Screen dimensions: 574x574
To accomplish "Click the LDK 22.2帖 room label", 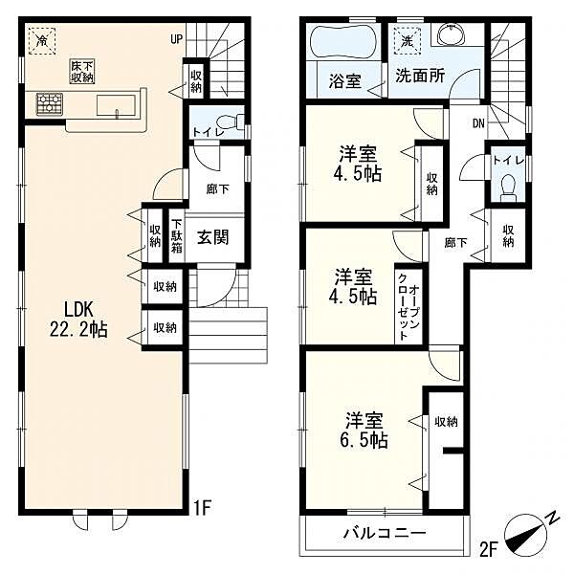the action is pyautogui.click(x=78, y=319).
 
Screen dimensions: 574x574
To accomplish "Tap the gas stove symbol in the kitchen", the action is pyautogui.click(x=50, y=104).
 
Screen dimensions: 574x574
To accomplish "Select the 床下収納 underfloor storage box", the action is pyautogui.click(x=82, y=72).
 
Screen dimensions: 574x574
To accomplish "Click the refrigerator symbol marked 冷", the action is pyautogui.click(x=42, y=40).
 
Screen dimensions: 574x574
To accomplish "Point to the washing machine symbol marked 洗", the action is pyautogui.click(x=408, y=41).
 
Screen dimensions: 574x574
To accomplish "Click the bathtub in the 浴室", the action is pyautogui.click(x=342, y=41).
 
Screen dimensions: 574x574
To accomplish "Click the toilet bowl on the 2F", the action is pyautogui.click(x=508, y=188).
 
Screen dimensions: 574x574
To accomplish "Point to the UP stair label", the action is pyautogui.click(x=176, y=39).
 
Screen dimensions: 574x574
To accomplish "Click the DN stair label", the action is pyautogui.click(x=478, y=123).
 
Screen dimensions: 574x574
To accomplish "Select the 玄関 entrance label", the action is pyautogui.click(x=213, y=237).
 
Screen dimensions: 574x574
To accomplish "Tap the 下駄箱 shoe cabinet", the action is pyautogui.click(x=177, y=236).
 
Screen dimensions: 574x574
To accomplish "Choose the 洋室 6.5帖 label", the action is pyautogui.click(x=364, y=430).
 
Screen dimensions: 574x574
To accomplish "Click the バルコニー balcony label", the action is pyautogui.click(x=385, y=534).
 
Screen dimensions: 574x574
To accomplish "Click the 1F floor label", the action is pyautogui.click(x=202, y=508).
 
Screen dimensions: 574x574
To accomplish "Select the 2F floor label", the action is pyautogui.click(x=488, y=549).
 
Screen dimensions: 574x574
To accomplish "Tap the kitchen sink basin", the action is pyautogui.click(x=116, y=105).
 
